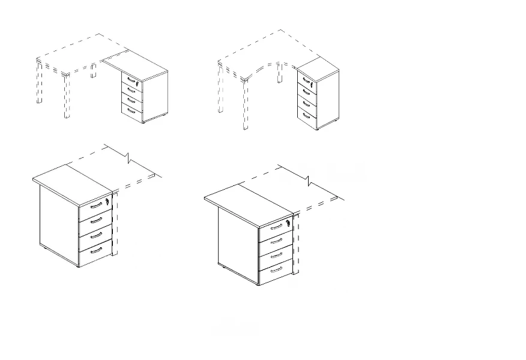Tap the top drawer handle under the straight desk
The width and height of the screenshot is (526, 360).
tap(130, 80)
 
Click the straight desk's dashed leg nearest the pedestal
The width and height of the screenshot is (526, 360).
tap(94, 71)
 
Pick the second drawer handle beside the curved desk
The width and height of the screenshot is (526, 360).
tap(306, 91)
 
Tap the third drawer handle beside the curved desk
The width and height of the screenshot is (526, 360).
tap(306, 102)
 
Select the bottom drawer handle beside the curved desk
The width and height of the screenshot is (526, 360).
tap(306, 113)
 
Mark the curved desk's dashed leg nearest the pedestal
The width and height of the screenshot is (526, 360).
tap(279, 72)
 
